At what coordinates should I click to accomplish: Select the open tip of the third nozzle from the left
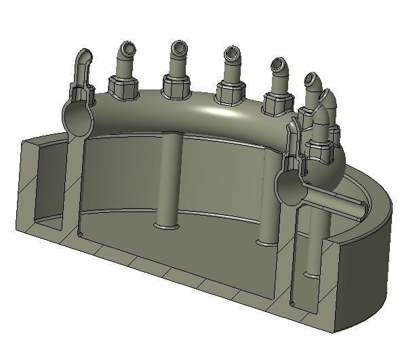(179, 47)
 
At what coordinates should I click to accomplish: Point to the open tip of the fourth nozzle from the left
(231, 53)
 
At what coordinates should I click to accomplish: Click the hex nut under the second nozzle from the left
(124, 89)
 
